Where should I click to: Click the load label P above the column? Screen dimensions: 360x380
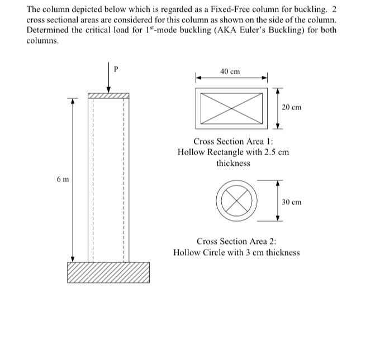tap(116, 70)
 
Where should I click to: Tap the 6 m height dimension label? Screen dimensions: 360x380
tap(63, 179)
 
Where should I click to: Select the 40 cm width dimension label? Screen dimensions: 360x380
tap(230, 71)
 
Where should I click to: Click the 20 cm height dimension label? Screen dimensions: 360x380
tap(291, 107)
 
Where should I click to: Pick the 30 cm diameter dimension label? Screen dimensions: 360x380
tap(291, 202)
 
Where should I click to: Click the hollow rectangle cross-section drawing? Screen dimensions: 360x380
tap(232, 108)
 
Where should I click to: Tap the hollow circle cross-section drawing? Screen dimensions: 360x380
tap(236, 201)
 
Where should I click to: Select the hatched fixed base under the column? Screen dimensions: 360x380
tap(108, 272)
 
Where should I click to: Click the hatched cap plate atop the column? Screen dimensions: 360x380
tap(108, 96)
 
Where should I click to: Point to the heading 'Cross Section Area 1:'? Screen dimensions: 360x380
tap(233, 142)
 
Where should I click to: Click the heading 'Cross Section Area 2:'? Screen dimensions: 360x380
tap(236, 242)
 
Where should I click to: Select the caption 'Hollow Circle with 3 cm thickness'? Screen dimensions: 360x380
tap(236, 252)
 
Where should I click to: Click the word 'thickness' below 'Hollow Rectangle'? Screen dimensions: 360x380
tap(233, 163)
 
